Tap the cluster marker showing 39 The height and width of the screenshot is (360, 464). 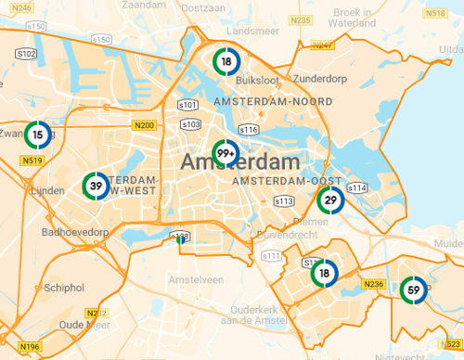95,186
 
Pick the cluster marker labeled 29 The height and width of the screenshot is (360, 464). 330,199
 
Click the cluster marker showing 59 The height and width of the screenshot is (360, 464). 414,290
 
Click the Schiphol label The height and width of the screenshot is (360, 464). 64,289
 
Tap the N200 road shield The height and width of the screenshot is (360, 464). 144,125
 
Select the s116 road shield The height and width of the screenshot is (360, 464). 248,129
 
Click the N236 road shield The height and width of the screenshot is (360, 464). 374,283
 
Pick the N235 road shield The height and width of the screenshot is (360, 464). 300,19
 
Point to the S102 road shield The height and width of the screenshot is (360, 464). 27,54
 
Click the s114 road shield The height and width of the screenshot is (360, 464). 358,188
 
